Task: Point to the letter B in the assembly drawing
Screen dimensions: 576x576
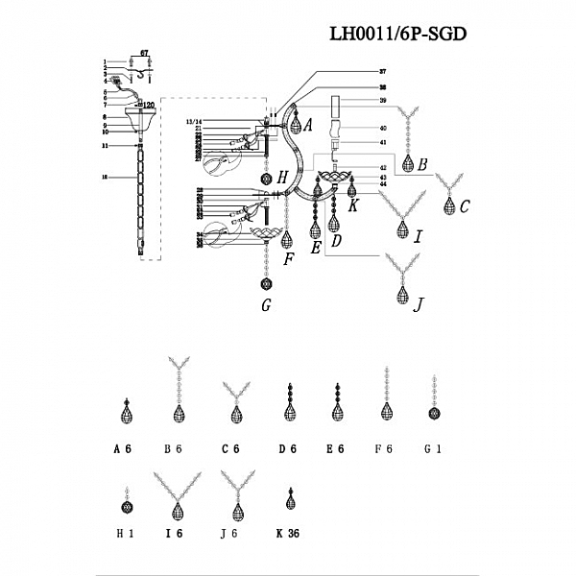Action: pyautogui.click(x=422, y=164)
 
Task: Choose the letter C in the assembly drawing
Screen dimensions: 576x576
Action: pyautogui.click(x=465, y=204)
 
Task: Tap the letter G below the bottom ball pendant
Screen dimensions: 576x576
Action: pyautogui.click(x=267, y=306)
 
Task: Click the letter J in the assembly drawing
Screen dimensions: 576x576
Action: pyautogui.click(x=418, y=304)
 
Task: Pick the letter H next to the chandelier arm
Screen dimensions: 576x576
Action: pyautogui.click(x=282, y=177)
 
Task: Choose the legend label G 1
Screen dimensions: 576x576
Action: pyautogui.click(x=433, y=448)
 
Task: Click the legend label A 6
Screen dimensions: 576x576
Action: pyautogui.click(x=122, y=448)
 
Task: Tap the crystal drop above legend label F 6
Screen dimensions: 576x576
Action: pyautogui.click(x=386, y=411)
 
